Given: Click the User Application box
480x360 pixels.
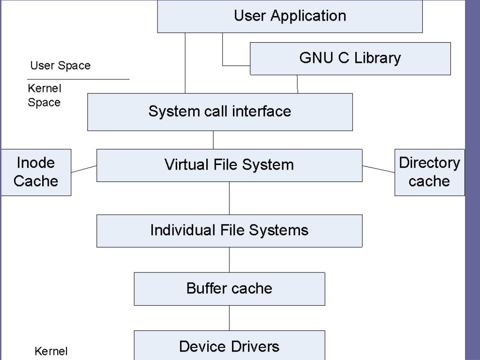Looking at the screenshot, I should [290, 16].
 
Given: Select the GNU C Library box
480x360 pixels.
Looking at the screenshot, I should [350, 59].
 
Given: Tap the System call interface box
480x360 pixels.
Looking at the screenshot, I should [220, 112].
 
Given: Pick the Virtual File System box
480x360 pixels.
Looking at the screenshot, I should [229, 165].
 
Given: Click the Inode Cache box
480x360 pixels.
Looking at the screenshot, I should [36, 172].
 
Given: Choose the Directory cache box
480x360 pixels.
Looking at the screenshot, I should [429, 172].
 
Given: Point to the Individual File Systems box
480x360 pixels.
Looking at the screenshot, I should [229, 231].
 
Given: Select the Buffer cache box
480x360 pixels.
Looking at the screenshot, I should [229, 288].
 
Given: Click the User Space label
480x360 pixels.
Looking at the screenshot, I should [60, 66].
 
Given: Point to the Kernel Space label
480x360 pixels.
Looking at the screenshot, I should [45, 96].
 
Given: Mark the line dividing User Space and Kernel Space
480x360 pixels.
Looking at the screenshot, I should [78, 79].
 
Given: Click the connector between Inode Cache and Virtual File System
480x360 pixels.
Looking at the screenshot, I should [84, 169].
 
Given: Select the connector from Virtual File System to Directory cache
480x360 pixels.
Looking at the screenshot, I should [378, 169].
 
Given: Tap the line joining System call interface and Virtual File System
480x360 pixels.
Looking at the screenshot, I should [213, 140].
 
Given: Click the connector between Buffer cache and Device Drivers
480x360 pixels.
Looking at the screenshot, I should [229, 318].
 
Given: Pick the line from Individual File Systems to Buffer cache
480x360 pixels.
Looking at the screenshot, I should [229, 260].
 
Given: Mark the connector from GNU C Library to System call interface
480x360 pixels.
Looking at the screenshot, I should [297, 84].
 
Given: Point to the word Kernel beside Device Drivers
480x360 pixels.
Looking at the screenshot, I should [52, 351].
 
